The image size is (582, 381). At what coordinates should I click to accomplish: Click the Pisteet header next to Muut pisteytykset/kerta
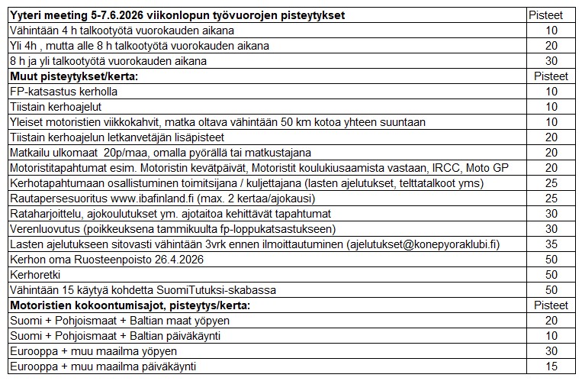pyautogui.click(x=551, y=76)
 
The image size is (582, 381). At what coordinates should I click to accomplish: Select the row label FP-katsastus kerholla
pyautogui.click(x=63, y=92)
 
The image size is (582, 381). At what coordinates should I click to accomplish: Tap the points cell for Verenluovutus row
pyautogui.click(x=551, y=229)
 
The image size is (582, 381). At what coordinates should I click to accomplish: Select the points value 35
pyautogui.click(x=551, y=244)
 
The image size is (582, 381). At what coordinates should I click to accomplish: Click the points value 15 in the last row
pyautogui.click(x=551, y=366)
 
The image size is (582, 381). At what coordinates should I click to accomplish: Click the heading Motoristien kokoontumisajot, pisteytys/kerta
pyautogui.click(x=130, y=305)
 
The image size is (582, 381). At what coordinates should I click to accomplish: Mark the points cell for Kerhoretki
pyautogui.click(x=551, y=275)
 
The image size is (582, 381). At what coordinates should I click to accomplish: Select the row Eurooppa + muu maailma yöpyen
pyautogui.click(x=93, y=351)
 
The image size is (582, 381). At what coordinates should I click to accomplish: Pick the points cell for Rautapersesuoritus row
pyautogui.click(x=551, y=199)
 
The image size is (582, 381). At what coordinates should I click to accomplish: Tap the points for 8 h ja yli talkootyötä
pyautogui.click(x=551, y=61)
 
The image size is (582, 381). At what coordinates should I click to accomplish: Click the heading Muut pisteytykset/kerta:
pyautogui.click(x=74, y=76)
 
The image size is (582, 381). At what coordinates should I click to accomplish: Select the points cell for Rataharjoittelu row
pyautogui.click(x=551, y=214)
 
